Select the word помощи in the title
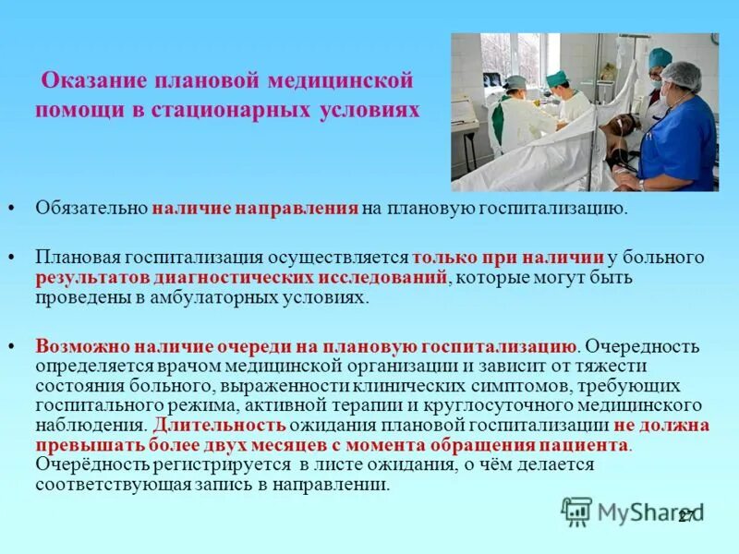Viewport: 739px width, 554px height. (73, 110)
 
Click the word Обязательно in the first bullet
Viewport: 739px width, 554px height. (92, 208)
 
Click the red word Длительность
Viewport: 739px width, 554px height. (219, 426)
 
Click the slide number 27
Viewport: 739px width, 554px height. (686, 517)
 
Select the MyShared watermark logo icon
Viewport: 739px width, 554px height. (576, 511)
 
